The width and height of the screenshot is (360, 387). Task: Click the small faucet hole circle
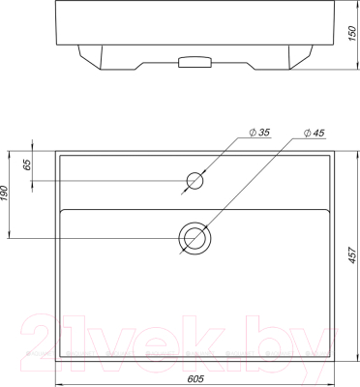[196, 179]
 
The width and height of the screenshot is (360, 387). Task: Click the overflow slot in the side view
[194, 63]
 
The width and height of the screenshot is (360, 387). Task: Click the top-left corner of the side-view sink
[57, 1]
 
